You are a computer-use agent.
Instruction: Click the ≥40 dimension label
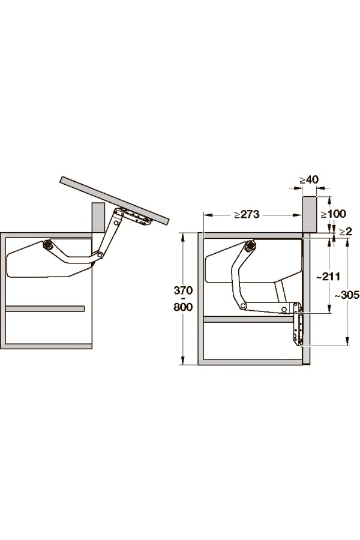[x=308, y=180]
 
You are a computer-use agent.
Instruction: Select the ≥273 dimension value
[x=247, y=214]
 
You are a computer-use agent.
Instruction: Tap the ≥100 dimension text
[x=333, y=214]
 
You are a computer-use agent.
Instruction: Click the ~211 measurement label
[x=329, y=276]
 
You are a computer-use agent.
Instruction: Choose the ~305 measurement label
[x=347, y=295]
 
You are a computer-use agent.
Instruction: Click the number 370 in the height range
[x=183, y=290]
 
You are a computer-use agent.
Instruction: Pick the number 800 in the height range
[x=183, y=307]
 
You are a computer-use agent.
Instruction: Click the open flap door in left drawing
[x=115, y=200]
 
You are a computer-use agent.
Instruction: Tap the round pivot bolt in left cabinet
[x=47, y=245]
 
